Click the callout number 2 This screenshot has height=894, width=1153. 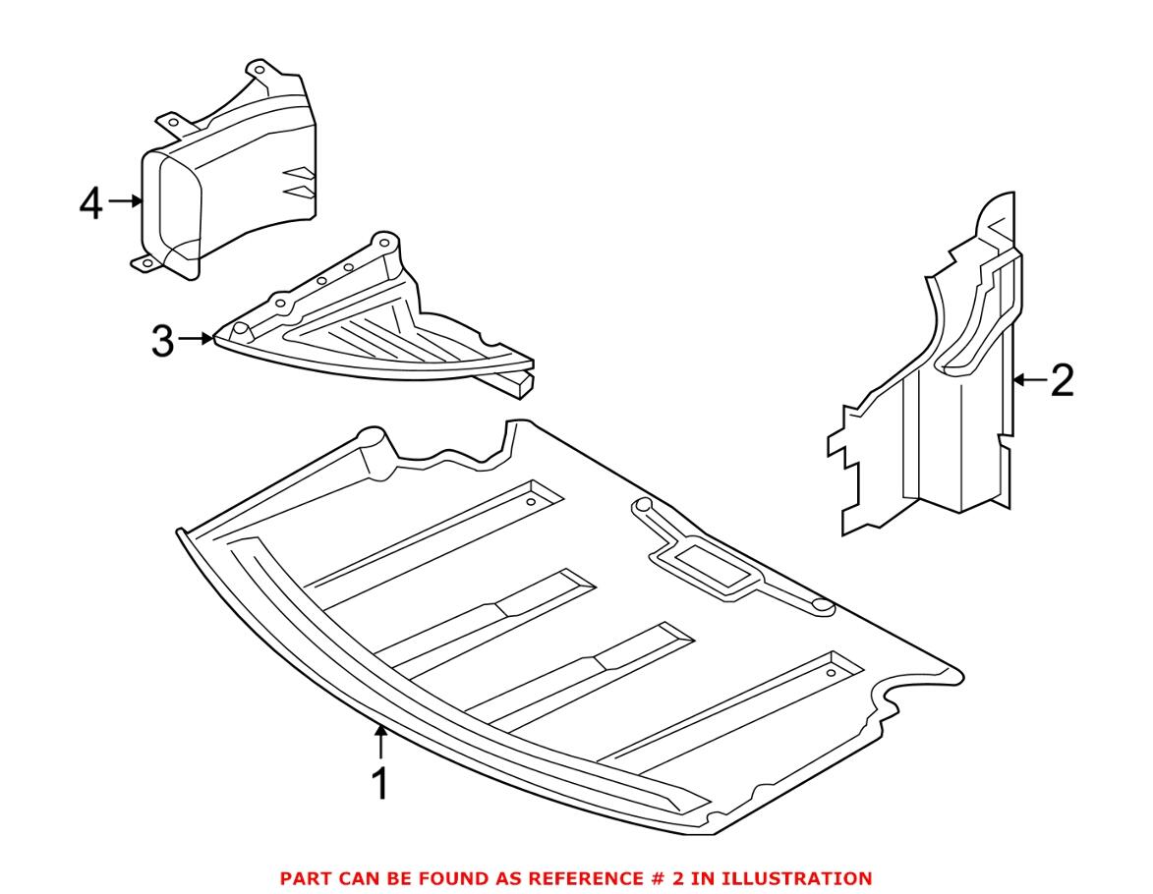1062,380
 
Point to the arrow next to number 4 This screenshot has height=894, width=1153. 125,201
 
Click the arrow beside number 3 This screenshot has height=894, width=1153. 198,340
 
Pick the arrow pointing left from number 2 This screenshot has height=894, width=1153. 1030,379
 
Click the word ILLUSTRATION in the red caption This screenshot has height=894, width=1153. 802,877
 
